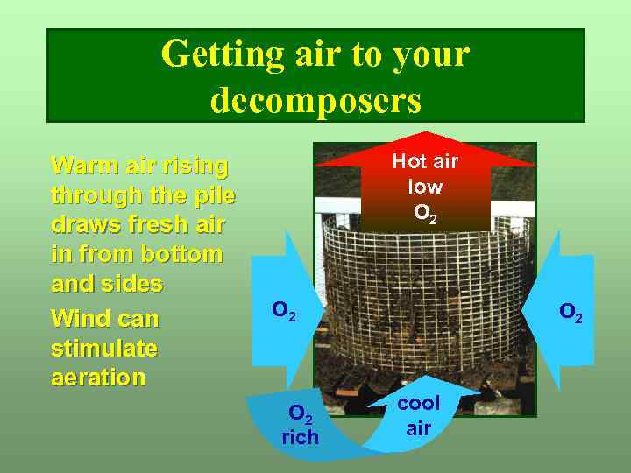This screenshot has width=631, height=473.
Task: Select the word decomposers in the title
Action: tap(315, 100)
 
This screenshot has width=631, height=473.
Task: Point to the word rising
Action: tap(197, 165)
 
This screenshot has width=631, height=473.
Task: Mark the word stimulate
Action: tap(104, 347)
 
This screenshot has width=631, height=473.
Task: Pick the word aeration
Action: tap(98, 378)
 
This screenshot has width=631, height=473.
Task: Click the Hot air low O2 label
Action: tap(425, 187)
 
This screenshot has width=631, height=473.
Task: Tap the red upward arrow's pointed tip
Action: tap(425, 134)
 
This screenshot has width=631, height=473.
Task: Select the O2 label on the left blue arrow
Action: tap(284, 310)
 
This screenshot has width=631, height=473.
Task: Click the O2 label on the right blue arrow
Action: tap(571, 312)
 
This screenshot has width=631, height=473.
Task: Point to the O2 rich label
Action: tap(301, 424)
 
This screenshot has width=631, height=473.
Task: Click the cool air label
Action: tap(419, 415)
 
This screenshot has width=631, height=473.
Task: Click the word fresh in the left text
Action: tap(146, 224)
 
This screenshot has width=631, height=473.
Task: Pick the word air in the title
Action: tap(315, 54)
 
